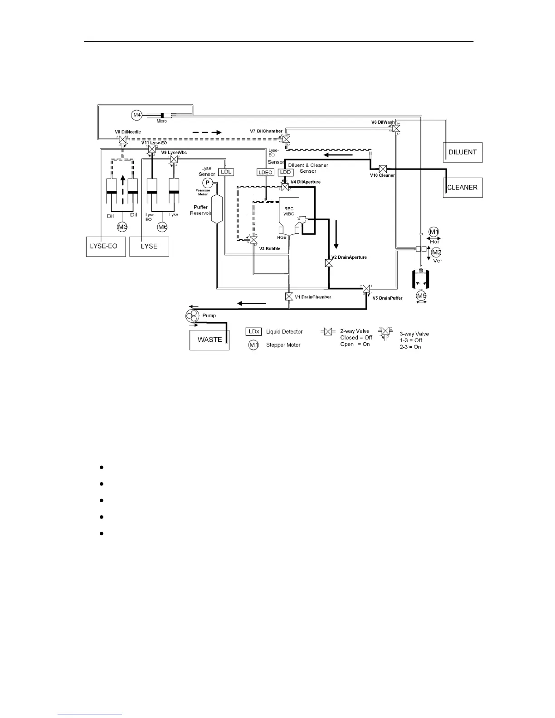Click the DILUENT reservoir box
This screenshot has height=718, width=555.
tap(462, 152)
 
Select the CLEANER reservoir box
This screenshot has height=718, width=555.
tap(462, 187)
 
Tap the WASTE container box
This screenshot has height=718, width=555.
tap(209, 340)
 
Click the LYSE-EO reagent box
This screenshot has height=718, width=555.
tap(106, 246)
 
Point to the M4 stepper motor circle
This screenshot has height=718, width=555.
tap(137, 115)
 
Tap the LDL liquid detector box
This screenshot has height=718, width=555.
tap(226, 172)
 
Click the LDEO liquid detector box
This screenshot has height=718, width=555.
tap(265, 172)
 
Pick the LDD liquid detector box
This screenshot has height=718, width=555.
tap(285, 172)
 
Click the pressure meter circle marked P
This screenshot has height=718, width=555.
tap(207, 183)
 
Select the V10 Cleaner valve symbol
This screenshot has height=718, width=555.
tap(382, 169)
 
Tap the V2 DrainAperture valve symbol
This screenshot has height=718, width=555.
tap(329, 263)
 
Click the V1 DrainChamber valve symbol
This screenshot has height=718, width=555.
tap(288, 296)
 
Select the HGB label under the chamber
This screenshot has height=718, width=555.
tap(282, 237)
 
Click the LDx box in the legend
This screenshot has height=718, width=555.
tap(254, 332)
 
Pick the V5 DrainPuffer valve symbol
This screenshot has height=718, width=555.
tap(366, 289)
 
